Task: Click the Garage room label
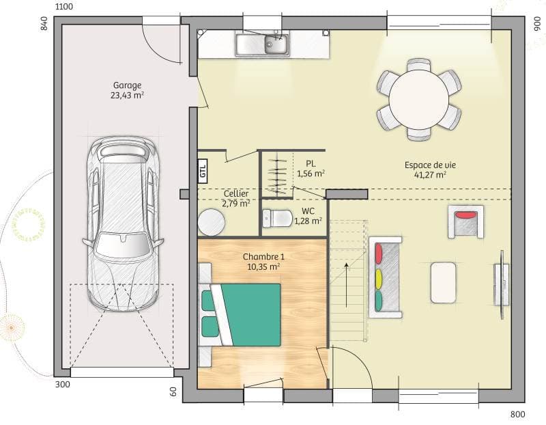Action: click(x=127, y=85)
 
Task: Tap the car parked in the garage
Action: click(x=123, y=222)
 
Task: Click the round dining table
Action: click(x=419, y=99)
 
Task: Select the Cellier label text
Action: click(x=236, y=193)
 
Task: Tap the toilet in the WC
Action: click(x=277, y=219)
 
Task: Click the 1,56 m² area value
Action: click(x=311, y=174)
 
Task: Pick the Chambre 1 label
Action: click(x=263, y=257)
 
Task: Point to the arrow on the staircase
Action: click(x=347, y=287)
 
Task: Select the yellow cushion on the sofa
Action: click(x=377, y=278)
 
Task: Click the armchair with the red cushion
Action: click(x=466, y=221)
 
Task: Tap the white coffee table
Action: click(x=444, y=282)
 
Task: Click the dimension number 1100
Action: click(x=63, y=7)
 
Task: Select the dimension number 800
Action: click(x=517, y=415)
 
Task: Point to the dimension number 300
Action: click(x=62, y=385)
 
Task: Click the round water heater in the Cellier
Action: click(x=211, y=222)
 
